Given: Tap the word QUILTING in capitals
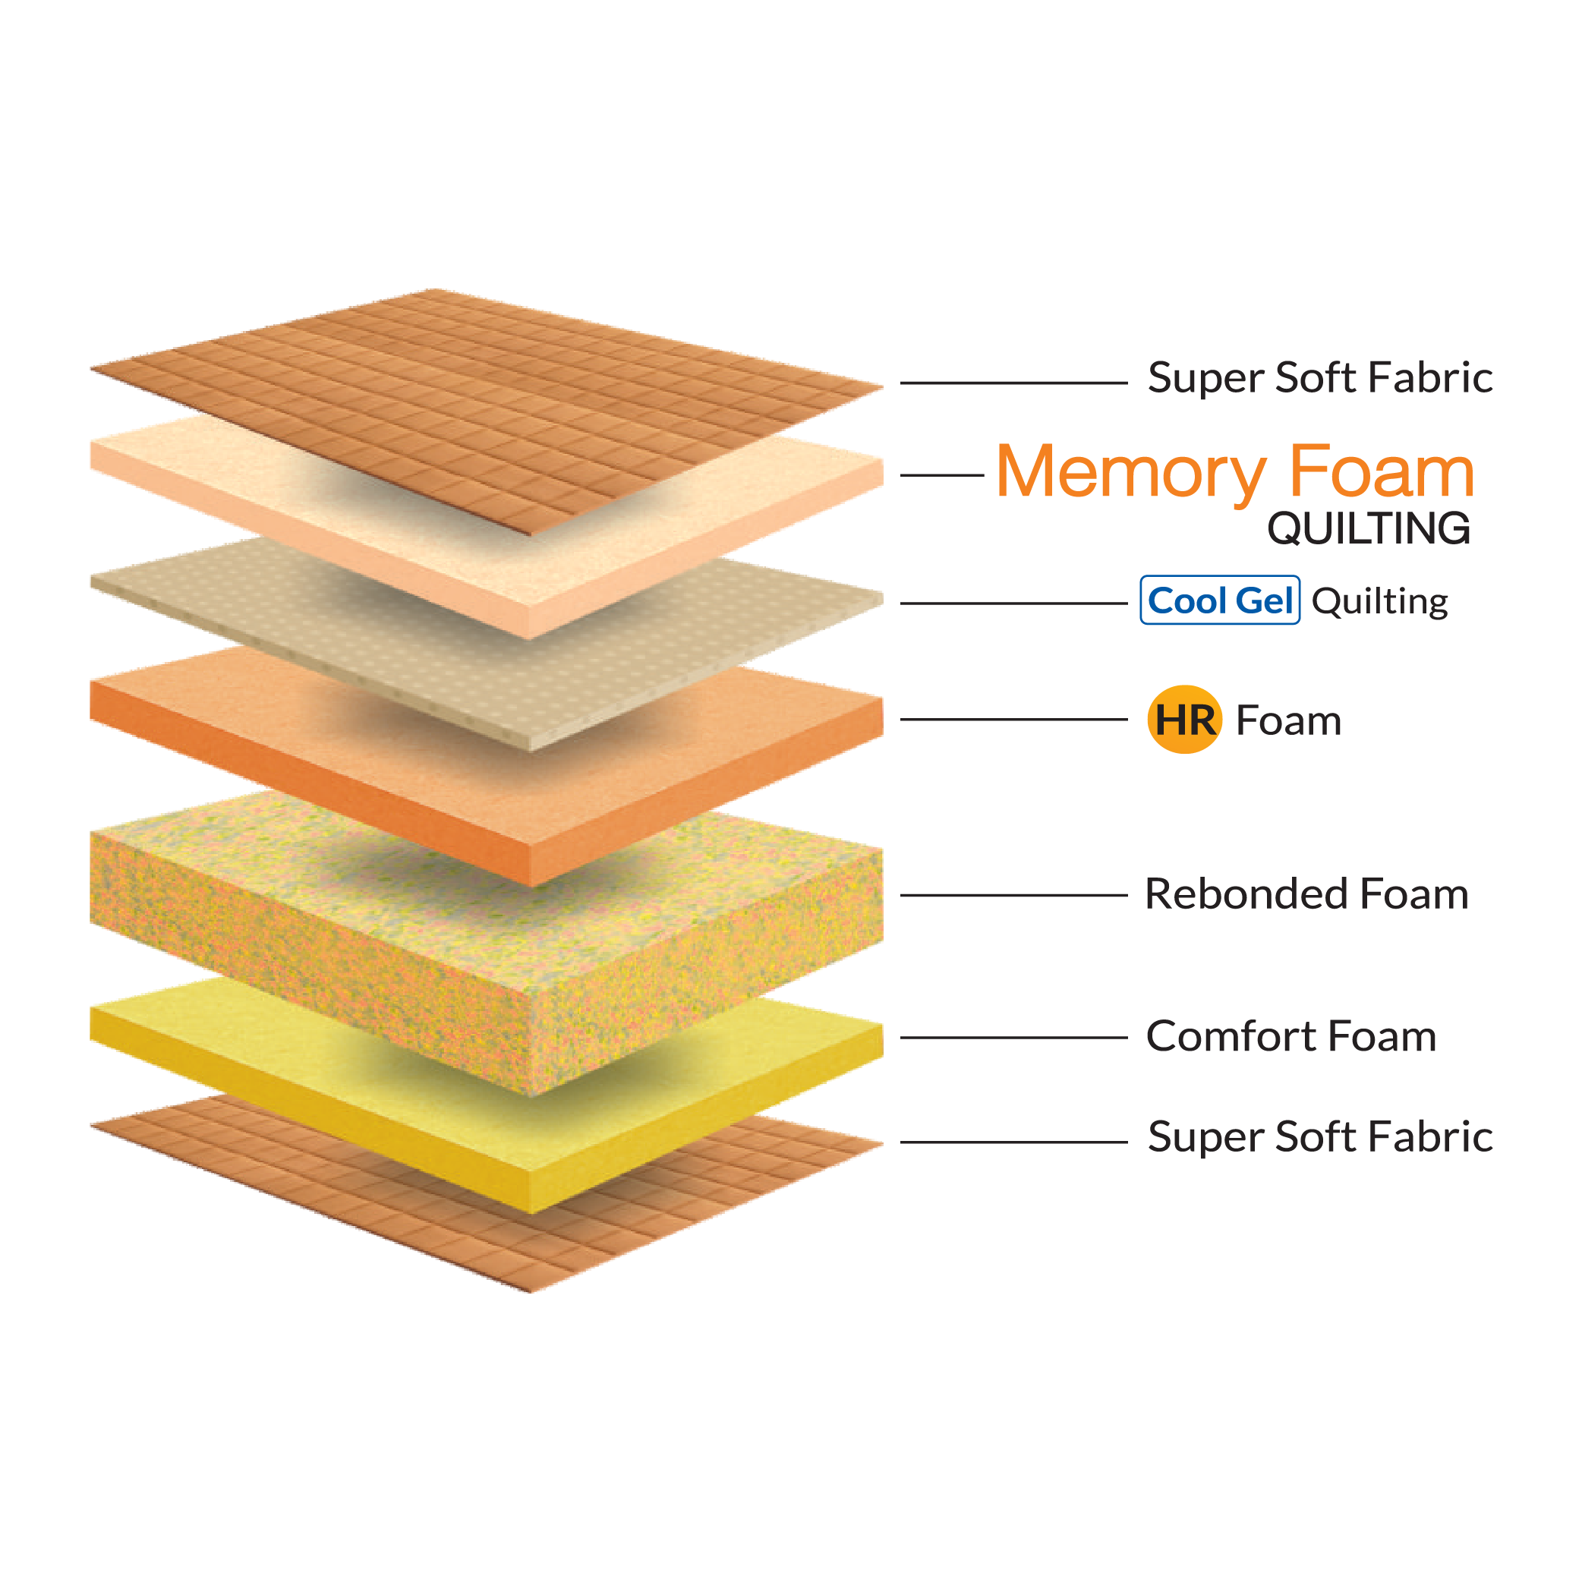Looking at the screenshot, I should click(x=1368, y=528).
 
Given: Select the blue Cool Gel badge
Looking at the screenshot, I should click(x=1219, y=600).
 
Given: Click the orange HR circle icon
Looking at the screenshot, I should click(x=1184, y=720).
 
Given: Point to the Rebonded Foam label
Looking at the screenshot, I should click(x=1306, y=893).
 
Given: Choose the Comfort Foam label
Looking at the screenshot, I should click(x=1290, y=1036).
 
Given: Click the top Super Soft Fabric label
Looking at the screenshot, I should click(x=1320, y=377).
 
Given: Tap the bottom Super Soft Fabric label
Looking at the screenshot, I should click(x=1320, y=1136).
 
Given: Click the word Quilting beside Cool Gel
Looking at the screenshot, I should click(x=1380, y=602).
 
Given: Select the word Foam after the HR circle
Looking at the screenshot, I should click(x=1288, y=720).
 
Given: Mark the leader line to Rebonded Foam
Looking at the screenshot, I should click(x=1013, y=895).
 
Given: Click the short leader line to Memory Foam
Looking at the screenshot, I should click(x=941, y=475).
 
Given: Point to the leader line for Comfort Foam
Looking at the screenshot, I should click(x=1013, y=1038).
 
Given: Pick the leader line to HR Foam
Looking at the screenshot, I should click(x=1013, y=720).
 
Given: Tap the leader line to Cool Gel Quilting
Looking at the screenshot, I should click(x=1013, y=603).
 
